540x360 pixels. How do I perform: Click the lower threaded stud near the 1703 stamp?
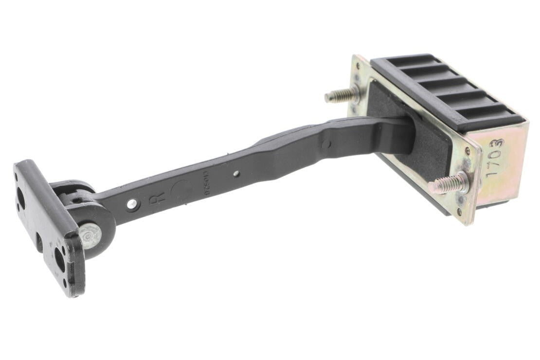(448, 183)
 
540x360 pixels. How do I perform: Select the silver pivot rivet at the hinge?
(90, 235)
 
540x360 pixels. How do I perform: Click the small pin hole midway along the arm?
(236, 174)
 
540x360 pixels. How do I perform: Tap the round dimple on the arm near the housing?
(325, 144)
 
